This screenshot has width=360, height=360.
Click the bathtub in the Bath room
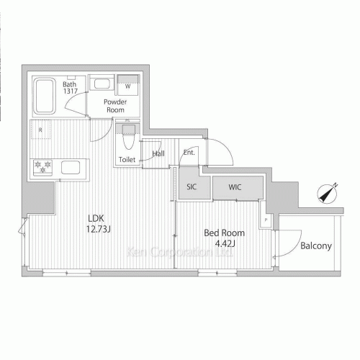pos(45,96)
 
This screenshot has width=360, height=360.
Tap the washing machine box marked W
pos(128,85)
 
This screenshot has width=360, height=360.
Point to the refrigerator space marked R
pos(41,130)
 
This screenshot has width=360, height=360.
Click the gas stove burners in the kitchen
pos(42,167)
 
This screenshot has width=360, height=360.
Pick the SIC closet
pos(191,187)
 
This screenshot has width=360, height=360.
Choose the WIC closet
pos(235,187)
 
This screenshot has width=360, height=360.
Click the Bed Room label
pos(224,233)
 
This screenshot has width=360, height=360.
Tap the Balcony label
pos(315,246)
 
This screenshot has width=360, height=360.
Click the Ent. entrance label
pos(189,153)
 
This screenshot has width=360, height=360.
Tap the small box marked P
pos(266,220)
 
